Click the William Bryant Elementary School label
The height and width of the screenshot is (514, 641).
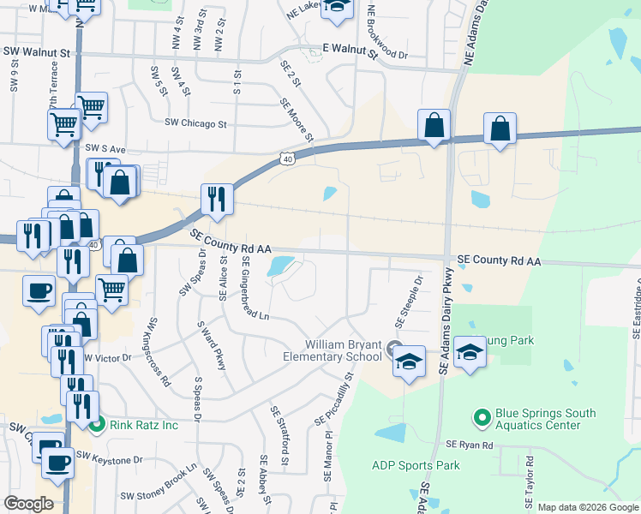tap(332, 350)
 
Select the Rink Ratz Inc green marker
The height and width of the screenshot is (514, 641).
tap(97, 422)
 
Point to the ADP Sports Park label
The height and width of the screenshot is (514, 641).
tap(416, 466)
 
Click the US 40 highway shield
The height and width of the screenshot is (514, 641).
tap(288, 158)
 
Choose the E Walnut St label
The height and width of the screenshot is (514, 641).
tap(349, 51)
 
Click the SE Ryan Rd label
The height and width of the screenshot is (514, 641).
tap(470, 445)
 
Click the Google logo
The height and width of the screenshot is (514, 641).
tap(29, 504)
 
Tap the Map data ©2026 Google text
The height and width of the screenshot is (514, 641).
tap(588, 507)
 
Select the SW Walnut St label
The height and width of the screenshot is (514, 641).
tap(36, 52)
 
